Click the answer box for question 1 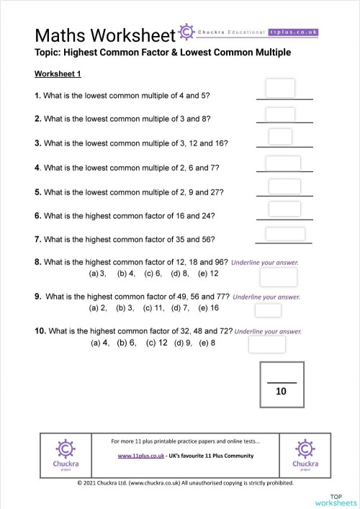coord(280,88)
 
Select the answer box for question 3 coord(280,137)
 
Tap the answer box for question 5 coord(280,186)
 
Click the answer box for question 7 coord(280,233)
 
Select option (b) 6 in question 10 coord(127,343)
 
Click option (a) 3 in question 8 coord(97,274)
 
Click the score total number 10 coord(281,392)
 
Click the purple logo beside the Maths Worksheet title coord(186,33)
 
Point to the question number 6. coord(37,215)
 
